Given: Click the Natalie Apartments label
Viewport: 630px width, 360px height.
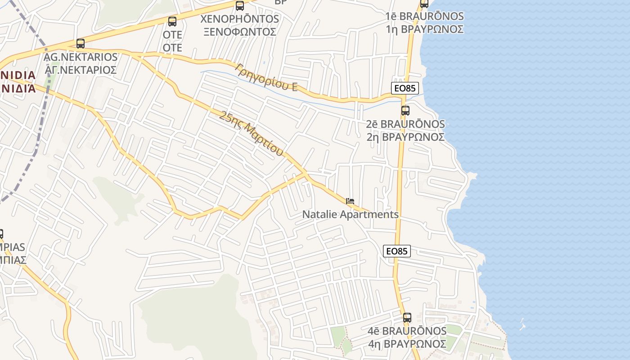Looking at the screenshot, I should [350, 214].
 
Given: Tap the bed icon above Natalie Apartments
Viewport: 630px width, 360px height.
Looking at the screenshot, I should [350, 201].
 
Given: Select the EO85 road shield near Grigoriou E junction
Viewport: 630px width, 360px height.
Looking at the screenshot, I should [405, 88].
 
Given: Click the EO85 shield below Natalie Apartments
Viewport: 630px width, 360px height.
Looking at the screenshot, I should [397, 251].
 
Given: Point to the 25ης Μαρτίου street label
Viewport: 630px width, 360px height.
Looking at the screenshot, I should [252, 134].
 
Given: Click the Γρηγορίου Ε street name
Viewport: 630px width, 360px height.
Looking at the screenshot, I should [266, 77].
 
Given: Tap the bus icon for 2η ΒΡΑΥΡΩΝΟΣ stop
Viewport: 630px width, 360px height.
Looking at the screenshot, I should [405, 111].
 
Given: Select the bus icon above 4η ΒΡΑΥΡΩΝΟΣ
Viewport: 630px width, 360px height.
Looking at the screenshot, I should [407, 318].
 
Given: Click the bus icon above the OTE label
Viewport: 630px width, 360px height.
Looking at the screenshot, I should [172, 22].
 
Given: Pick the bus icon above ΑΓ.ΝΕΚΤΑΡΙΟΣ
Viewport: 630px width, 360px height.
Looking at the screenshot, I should [81, 44].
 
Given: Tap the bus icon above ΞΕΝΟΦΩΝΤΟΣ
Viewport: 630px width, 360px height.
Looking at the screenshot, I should [240, 6].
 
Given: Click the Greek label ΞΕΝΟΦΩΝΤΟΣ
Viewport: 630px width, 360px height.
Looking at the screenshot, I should [239, 32].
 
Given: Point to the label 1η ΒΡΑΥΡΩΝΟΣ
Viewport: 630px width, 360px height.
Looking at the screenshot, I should [424, 29].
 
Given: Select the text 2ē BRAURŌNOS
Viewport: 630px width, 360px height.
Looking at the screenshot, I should [405, 124].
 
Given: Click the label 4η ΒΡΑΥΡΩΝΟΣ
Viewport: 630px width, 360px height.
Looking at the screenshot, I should [407, 344].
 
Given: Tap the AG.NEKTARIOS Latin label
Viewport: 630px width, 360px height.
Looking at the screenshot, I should [81, 57].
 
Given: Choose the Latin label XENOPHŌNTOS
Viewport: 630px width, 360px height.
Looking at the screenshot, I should [239, 19].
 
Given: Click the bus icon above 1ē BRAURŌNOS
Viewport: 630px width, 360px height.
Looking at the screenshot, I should [424, 4].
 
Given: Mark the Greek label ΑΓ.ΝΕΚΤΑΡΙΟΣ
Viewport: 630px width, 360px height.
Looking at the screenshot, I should [81, 70].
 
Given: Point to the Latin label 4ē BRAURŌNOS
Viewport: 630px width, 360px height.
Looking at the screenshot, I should [407, 331].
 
